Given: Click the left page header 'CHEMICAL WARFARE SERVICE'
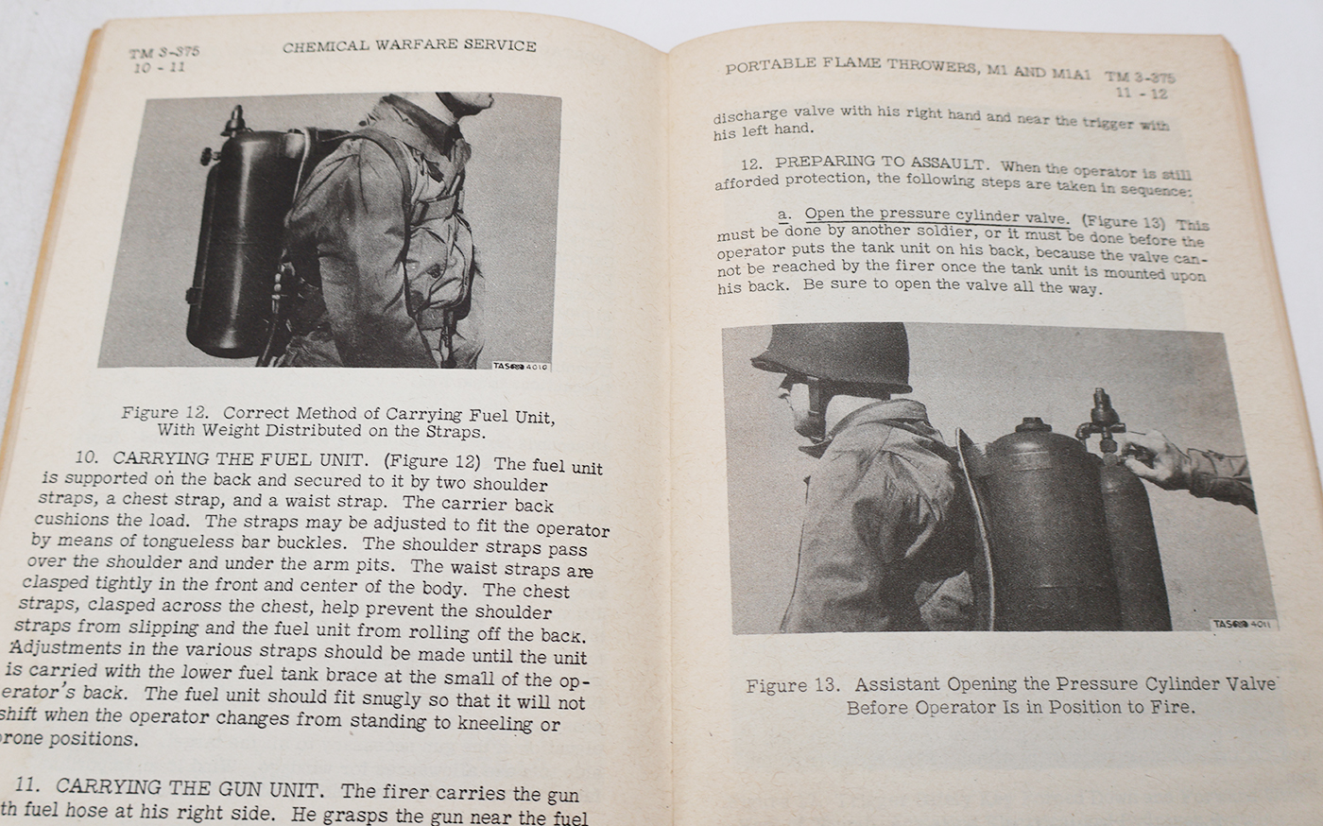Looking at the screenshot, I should pos(409,46).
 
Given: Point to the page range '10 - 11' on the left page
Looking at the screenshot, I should pos(159,68).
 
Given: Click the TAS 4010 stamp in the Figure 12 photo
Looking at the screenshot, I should pos(520,366).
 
